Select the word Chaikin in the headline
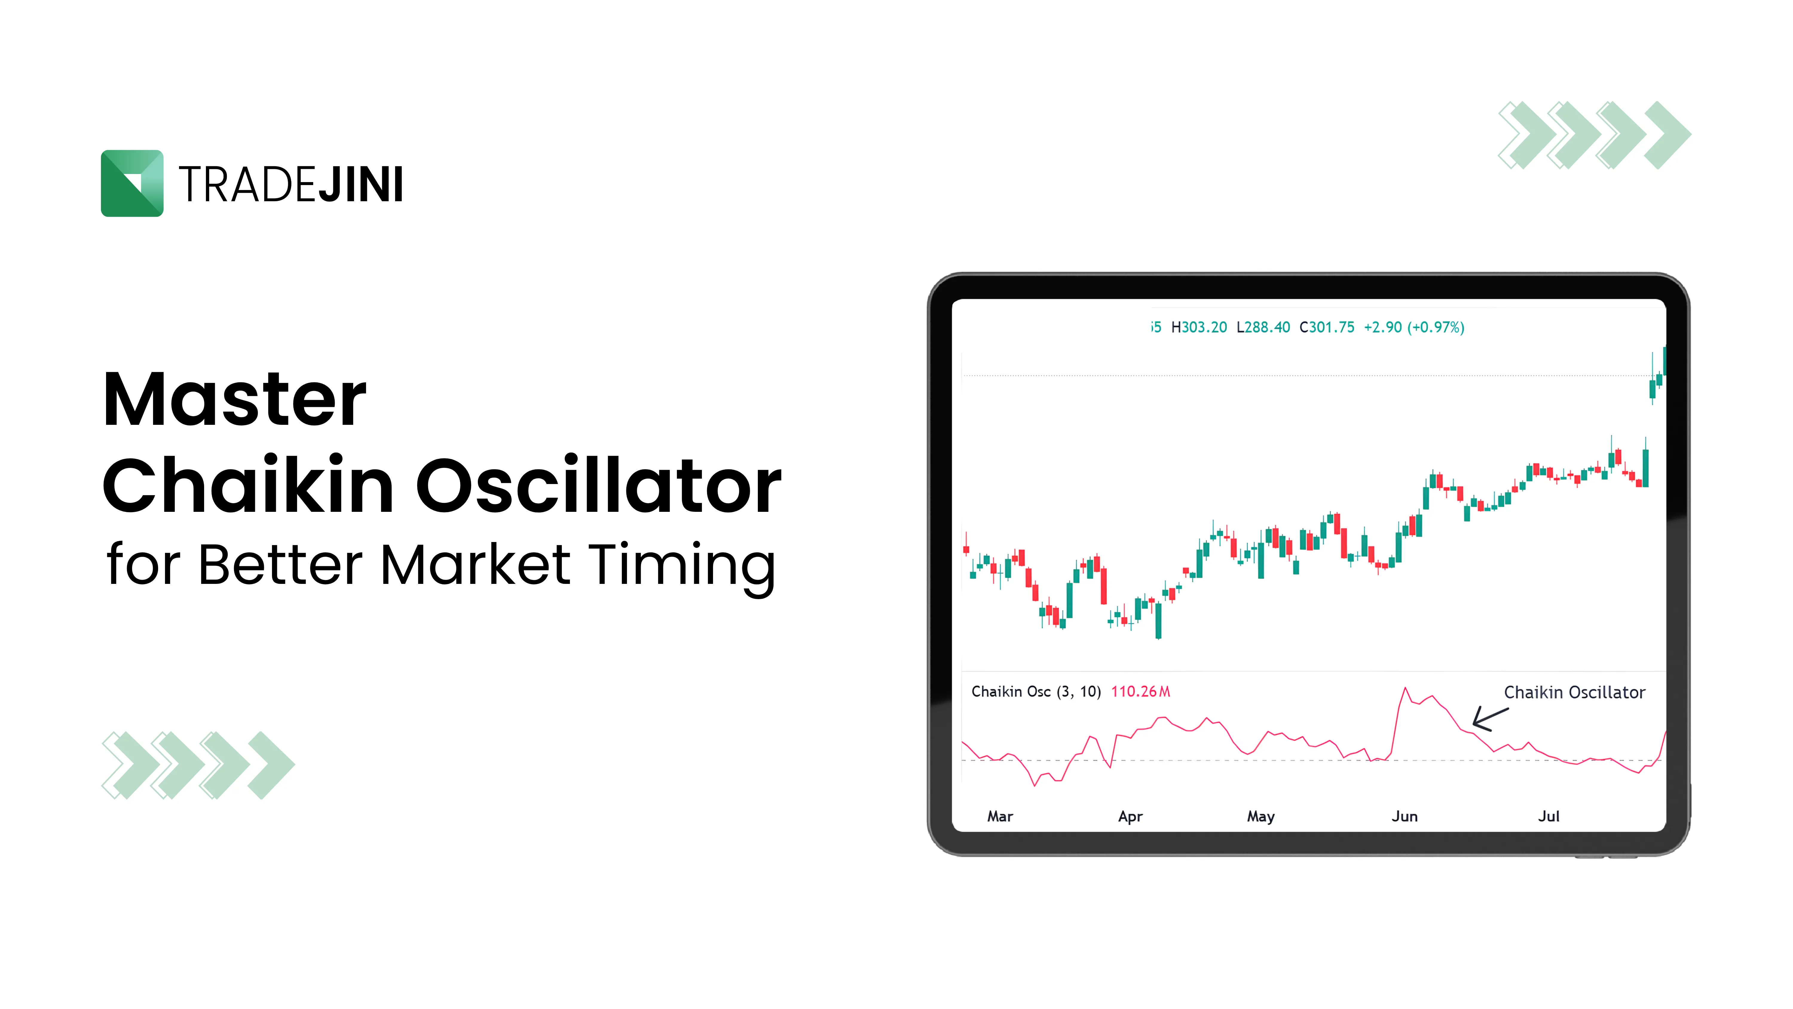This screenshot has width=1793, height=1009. [x=249, y=485]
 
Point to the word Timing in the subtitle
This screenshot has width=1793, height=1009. [x=682, y=565]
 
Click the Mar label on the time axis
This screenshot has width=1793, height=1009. [x=1000, y=816]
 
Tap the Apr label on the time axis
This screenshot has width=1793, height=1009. [x=1130, y=816]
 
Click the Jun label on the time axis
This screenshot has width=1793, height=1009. [x=1404, y=816]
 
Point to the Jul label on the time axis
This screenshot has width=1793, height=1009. [x=1548, y=816]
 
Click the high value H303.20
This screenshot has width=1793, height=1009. [x=1199, y=327]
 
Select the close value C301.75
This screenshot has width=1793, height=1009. [x=1327, y=327]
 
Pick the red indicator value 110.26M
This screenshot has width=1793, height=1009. [x=1140, y=692]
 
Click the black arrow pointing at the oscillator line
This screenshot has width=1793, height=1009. [x=1489, y=719]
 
